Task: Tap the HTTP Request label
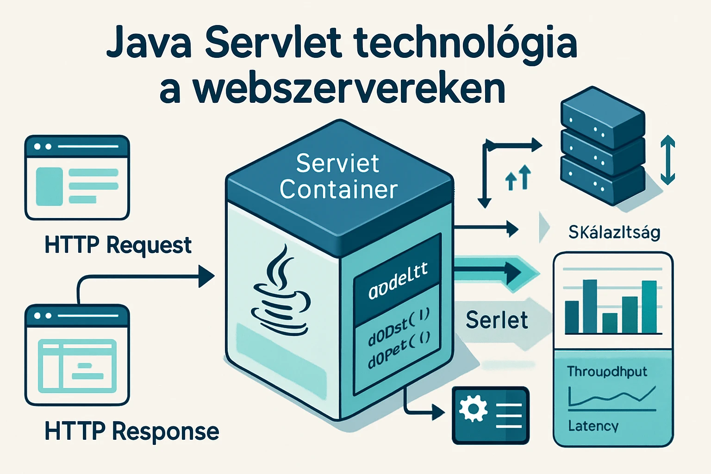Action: point(118,245)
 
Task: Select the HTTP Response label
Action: point(131,431)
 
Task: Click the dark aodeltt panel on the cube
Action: point(397,282)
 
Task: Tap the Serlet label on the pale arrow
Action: point(496,320)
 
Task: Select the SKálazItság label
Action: point(614,232)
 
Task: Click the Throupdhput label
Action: point(607,372)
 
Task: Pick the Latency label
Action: point(593,426)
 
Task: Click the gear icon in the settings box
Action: point(473,408)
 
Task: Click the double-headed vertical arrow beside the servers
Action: point(667,160)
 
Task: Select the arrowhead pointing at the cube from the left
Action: point(206,276)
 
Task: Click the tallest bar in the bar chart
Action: point(589,306)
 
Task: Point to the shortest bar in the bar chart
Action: point(610,323)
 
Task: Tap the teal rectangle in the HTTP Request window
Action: point(49,186)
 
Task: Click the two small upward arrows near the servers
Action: point(518,178)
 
